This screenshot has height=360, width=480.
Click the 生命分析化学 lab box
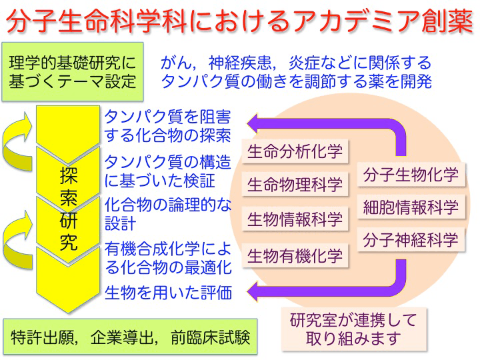[x=295, y=151]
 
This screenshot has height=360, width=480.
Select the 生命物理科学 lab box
[x=295, y=184]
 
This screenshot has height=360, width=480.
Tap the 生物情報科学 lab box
[x=295, y=219]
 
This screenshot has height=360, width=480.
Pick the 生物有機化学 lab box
[x=295, y=255]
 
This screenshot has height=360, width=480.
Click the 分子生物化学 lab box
[x=411, y=175]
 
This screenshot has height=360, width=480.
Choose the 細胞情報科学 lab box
[x=411, y=207]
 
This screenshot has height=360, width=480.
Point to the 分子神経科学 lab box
[x=411, y=239]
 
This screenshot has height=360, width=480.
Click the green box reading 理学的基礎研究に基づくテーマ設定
[x=73, y=72]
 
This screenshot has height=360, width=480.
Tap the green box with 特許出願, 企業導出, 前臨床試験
[x=131, y=337]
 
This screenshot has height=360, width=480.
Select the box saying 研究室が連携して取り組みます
[x=354, y=329]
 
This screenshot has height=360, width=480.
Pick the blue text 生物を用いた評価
[x=168, y=293]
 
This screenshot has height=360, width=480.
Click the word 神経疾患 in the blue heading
[x=240, y=63]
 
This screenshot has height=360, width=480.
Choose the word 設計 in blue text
[x=120, y=223]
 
